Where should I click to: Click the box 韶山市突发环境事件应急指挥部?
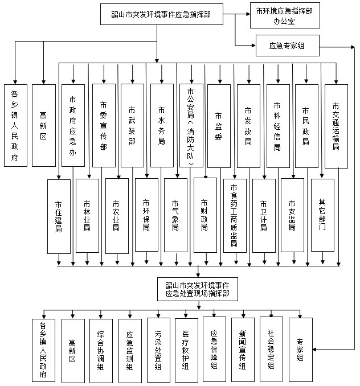(x=162, y=14)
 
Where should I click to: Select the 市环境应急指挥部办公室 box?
(x=285, y=15)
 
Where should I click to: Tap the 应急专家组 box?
(x=287, y=46)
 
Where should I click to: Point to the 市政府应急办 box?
(x=73, y=126)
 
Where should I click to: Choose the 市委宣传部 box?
(x=104, y=126)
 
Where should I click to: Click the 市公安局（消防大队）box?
(x=191, y=126)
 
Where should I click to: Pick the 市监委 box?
(x=219, y=126)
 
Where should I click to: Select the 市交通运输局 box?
(x=336, y=126)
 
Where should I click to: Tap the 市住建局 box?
(x=59, y=216)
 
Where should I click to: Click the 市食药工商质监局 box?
(x=235, y=216)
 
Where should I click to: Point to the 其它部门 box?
(x=322, y=215)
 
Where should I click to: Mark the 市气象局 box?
(x=175, y=215)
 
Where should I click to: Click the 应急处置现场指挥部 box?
(x=198, y=289)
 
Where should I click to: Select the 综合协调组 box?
(x=101, y=351)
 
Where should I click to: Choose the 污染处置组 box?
(x=158, y=350)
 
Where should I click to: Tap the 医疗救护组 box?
(x=186, y=350)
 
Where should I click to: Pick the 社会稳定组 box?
(x=271, y=349)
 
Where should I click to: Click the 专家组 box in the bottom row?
(x=300, y=350)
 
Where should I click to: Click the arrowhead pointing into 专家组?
(x=314, y=349)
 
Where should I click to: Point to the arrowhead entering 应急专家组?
(x=253, y=46)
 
